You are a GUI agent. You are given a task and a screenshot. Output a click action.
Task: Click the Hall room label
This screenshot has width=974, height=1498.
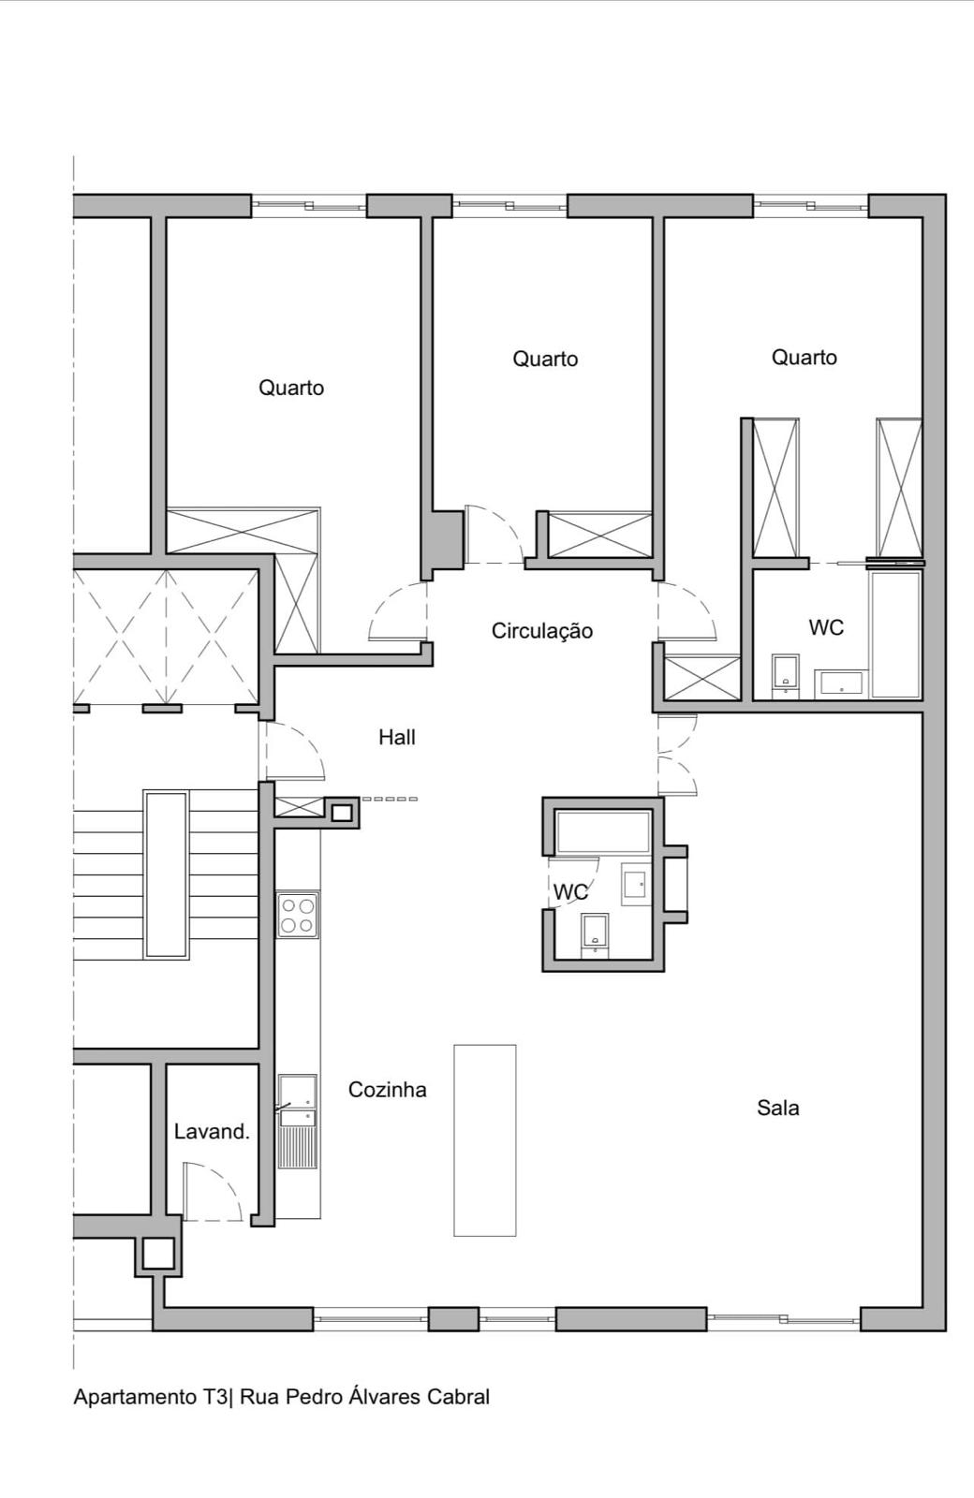396,738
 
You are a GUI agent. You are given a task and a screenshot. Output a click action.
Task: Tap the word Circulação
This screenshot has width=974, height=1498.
541,631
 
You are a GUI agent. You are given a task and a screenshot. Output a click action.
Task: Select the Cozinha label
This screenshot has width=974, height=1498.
387,1090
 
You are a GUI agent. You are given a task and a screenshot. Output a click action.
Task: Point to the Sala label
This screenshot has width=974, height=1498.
777,1109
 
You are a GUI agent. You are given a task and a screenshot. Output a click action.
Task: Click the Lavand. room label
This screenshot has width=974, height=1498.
212,1132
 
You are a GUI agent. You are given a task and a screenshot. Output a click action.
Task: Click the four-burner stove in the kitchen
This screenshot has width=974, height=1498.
298,915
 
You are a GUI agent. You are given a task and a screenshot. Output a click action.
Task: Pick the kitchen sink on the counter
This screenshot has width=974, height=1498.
298,1101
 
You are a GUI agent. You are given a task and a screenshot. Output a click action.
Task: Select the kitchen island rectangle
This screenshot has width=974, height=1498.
485,1140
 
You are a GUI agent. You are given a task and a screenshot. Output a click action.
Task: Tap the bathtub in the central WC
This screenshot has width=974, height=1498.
602,832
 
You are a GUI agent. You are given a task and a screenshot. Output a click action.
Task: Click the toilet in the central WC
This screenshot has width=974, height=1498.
595,934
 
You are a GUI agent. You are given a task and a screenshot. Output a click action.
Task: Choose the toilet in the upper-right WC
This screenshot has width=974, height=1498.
785,674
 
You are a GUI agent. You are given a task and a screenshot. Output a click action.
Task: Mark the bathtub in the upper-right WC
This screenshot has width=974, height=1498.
895,635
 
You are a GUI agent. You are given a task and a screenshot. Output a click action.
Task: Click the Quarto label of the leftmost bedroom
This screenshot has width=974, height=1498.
291,388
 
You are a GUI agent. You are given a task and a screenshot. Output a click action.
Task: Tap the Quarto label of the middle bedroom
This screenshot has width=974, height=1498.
545,359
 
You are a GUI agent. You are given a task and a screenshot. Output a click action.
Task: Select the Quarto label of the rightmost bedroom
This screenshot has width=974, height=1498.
804,357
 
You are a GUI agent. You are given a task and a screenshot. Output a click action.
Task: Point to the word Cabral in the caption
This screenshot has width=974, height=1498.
458,1397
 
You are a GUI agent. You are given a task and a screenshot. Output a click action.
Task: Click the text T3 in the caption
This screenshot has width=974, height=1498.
214,1397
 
